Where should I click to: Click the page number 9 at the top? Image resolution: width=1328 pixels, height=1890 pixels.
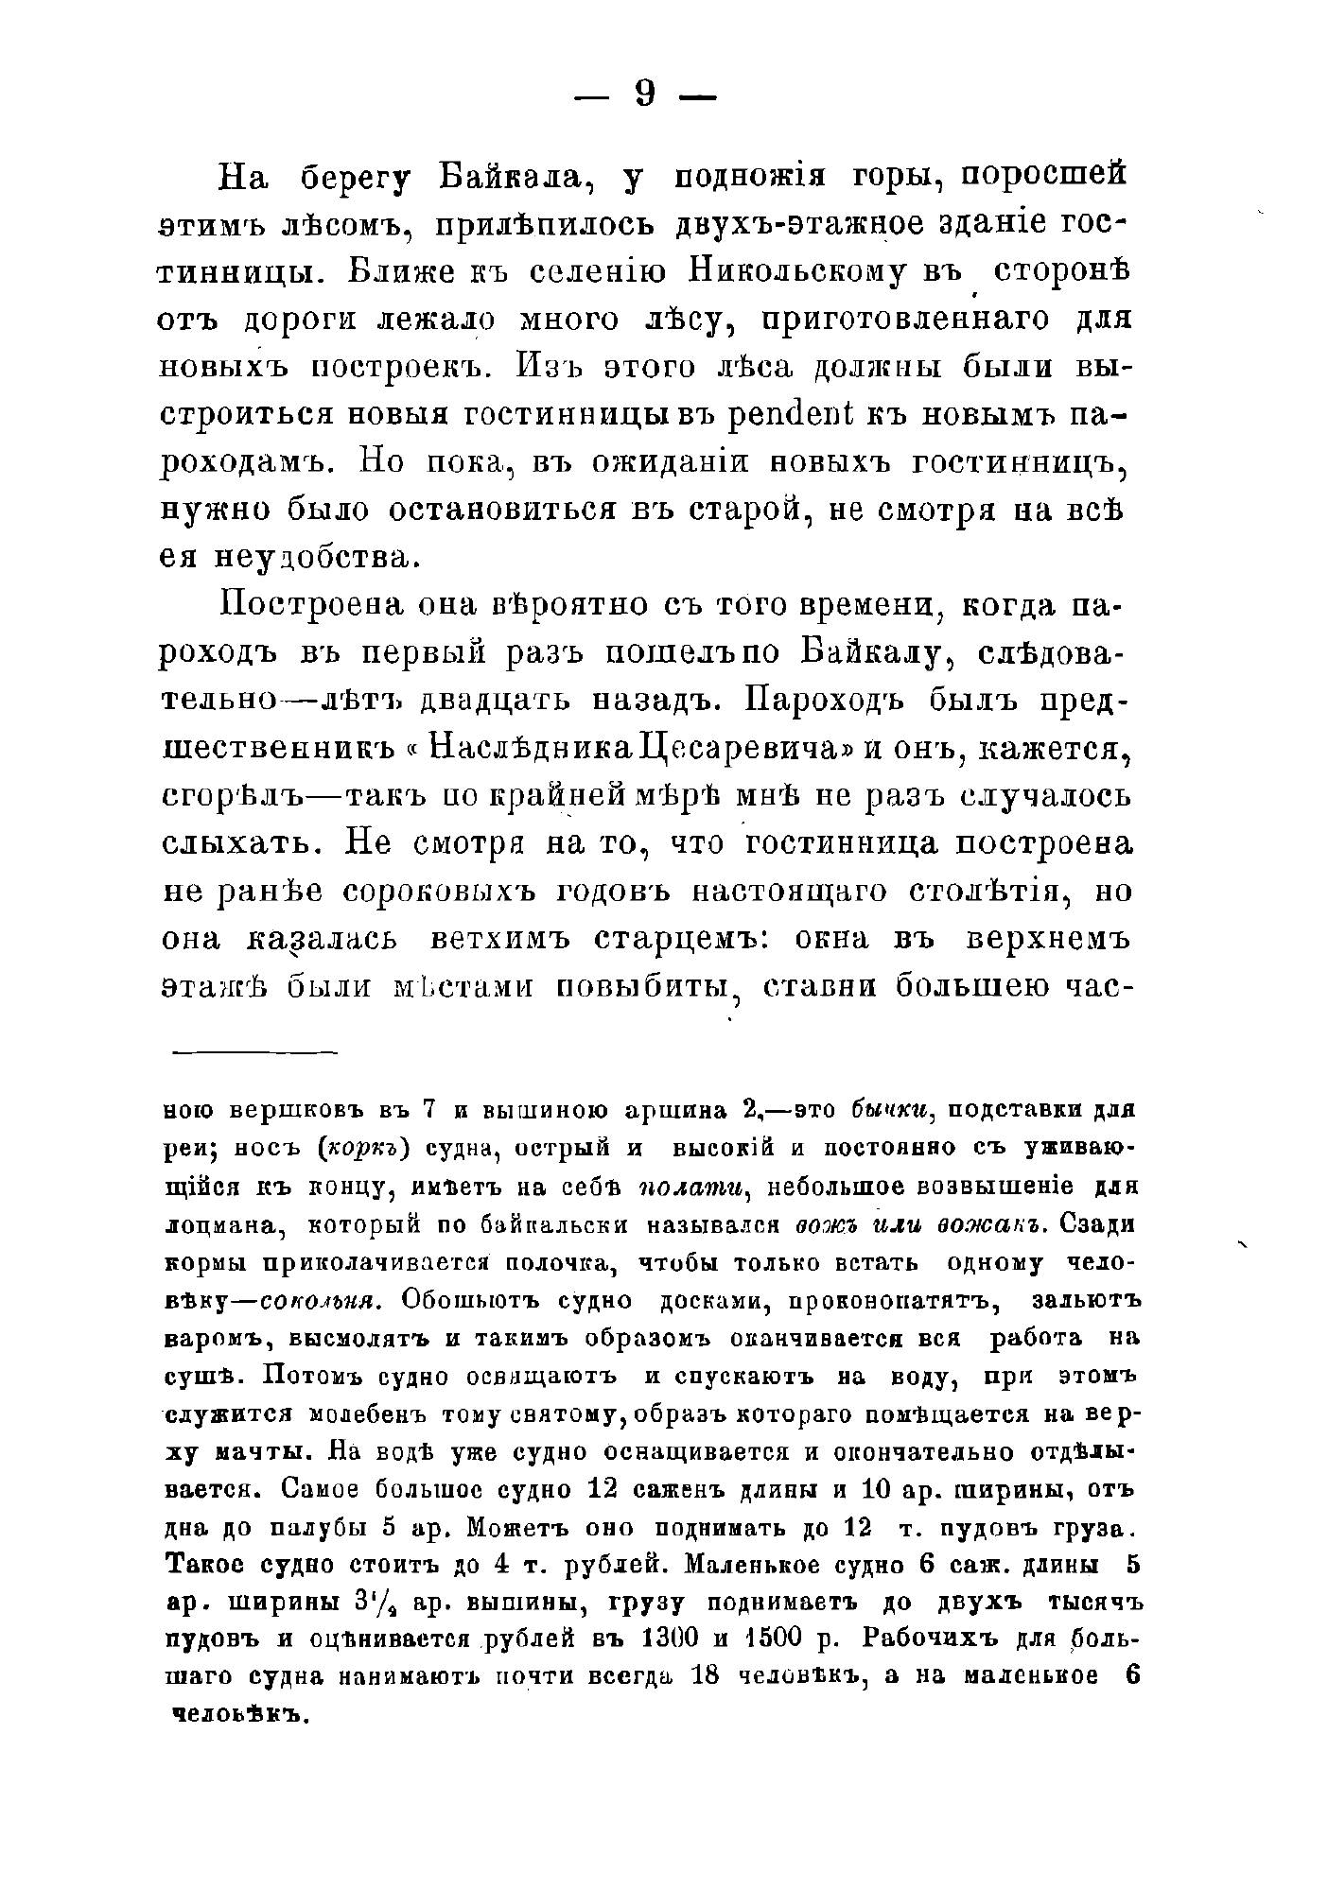tap(645, 94)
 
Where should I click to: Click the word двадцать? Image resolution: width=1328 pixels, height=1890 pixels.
tap(493, 701)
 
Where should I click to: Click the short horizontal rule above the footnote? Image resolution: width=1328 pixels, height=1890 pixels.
tap(254, 1051)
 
